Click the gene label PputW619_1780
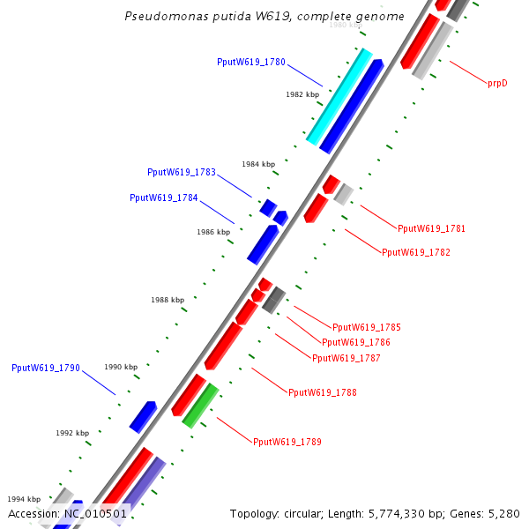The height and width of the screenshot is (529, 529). tap(251, 62)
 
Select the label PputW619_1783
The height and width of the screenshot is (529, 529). tap(182, 172)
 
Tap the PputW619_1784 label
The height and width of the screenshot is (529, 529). tap(164, 197)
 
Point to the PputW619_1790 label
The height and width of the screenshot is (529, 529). tap(46, 368)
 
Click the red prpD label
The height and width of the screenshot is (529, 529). tap(497, 83)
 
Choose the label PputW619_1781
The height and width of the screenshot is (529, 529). tap(431, 228)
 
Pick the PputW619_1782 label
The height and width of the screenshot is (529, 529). tap(416, 252)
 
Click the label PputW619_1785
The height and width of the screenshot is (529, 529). tap(367, 327)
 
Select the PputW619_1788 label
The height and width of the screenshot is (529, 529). tap(323, 392)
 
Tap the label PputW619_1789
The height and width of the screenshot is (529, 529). tap(287, 442)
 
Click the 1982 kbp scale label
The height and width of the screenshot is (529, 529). tap(302, 93)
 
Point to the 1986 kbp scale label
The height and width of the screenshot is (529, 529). tap(213, 232)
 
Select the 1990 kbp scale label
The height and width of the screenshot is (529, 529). tap(121, 367)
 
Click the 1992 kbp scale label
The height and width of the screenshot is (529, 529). tap(72, 433)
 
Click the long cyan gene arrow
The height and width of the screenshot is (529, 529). tap(339, 96)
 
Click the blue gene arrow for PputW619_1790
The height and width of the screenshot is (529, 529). tap(143, 417)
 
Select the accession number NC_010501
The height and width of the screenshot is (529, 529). tap(96, 513)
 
